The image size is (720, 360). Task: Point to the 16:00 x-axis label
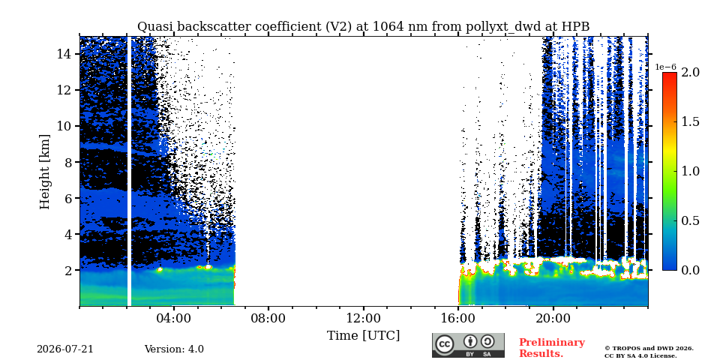point(458,319)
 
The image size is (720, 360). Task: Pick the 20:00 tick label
point(553,319)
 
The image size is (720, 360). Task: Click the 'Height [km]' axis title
point(44,172)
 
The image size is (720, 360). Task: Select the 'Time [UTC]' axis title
point(363,335)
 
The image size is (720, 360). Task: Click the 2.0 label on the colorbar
point(691,72)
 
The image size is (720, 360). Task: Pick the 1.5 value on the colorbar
point(691,121)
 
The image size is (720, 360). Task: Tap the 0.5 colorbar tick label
point(691,220)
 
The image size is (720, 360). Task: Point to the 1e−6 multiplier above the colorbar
point(665,67)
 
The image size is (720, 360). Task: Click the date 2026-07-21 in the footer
point(65,349)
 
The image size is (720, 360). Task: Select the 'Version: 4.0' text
point(174,349)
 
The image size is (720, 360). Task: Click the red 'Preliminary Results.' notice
point(552,347)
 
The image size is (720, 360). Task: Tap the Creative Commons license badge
point(468,345)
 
